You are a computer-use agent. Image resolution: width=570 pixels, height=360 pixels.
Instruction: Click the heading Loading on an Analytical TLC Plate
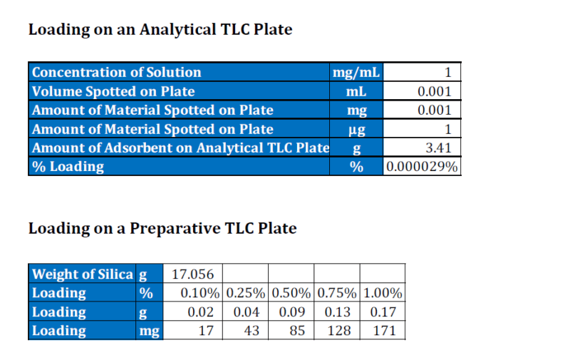(x=160, y=30)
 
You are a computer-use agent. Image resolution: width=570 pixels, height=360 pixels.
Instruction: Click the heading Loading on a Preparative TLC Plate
(x=162, y=229)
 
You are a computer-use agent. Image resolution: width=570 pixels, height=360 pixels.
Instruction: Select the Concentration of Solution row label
(x=117, y=72)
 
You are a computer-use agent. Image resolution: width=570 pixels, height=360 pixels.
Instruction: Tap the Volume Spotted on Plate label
(x=113, y=91)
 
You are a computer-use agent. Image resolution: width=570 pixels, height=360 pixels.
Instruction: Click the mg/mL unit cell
(x=356, y=72)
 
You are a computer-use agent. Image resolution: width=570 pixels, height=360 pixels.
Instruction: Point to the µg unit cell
(x=356, y=129)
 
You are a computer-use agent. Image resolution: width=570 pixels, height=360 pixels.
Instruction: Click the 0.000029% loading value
(x=422, y=167)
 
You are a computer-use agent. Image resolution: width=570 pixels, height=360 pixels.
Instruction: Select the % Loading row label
(x=68, y=167)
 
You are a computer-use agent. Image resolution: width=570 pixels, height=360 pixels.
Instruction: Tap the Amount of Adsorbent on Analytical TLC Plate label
(x=180, y=148)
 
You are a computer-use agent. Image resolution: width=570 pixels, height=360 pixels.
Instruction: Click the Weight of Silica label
(x=83, y=274)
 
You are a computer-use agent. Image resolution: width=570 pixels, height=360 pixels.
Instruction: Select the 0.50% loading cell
(x=291, y=293)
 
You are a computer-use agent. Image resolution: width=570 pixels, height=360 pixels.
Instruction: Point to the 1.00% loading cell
(x=383, y=293)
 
